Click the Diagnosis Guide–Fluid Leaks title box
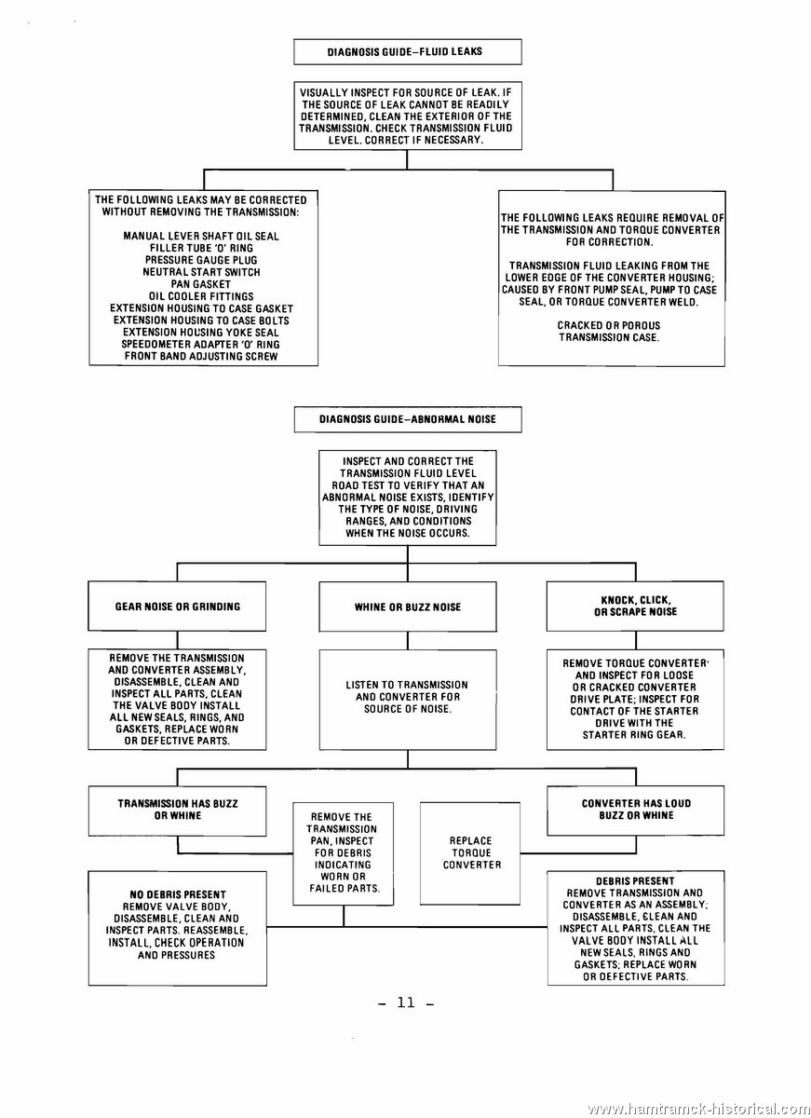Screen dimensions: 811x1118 coord(408,52)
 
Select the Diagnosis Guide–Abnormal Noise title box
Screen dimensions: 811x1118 coord(408,419)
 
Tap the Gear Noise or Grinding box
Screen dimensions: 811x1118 coord(177,607)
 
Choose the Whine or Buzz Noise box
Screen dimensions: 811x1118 coord(408,607)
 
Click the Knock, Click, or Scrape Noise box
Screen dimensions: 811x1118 coord(635,606)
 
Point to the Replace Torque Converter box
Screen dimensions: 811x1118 coord(470,853)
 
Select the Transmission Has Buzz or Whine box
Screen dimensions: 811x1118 coord(177,811)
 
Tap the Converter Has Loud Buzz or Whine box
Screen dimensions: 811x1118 coord(635,811)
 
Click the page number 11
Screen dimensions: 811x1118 coord(407,1002)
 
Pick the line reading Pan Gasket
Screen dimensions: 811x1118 coord(201,284)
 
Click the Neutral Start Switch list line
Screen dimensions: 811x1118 coord(201,272)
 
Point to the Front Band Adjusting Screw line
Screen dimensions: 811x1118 coord(201,356)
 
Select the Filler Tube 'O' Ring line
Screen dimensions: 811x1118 coord(201,248)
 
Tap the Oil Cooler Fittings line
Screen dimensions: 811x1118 coord(201,296)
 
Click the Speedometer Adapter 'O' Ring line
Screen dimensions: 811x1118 coord(200,344)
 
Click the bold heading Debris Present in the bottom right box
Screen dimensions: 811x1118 coord(635,881)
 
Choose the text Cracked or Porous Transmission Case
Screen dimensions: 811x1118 coord(609,332)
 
